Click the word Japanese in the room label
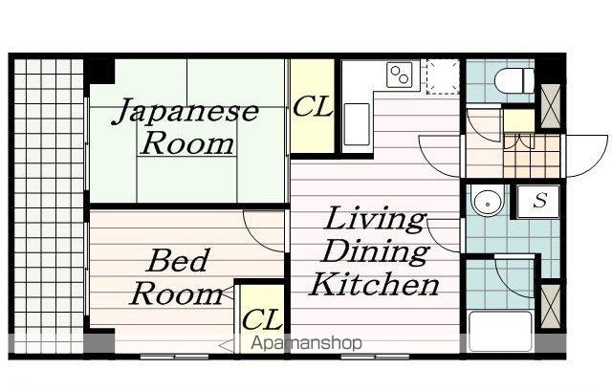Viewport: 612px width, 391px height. pos(186,111)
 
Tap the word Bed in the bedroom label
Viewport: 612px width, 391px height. pos(177,260)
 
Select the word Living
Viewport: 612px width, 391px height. pos(376,219)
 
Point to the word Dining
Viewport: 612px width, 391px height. pos(376,251)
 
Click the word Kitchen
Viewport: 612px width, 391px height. pos(375,284)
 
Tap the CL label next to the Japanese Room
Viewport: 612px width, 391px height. pos(313,106)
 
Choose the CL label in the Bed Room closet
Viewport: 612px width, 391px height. pos(262,319)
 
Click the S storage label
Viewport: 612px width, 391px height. pos(540,200)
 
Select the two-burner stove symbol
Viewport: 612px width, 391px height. pos(400,75)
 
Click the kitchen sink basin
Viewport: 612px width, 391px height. pos(357,123)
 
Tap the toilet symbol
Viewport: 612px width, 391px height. pos(514,80)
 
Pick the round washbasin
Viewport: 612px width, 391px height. pos(488,202)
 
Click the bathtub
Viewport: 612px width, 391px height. pos(500,331)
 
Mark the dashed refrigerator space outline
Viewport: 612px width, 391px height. pos(443,76)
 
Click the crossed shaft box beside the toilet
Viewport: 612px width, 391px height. pos(551,106)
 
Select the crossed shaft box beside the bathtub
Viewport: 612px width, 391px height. pos(551,307)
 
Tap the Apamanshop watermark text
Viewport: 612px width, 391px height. pos(306,343)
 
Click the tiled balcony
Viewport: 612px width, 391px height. pos(49,206)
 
